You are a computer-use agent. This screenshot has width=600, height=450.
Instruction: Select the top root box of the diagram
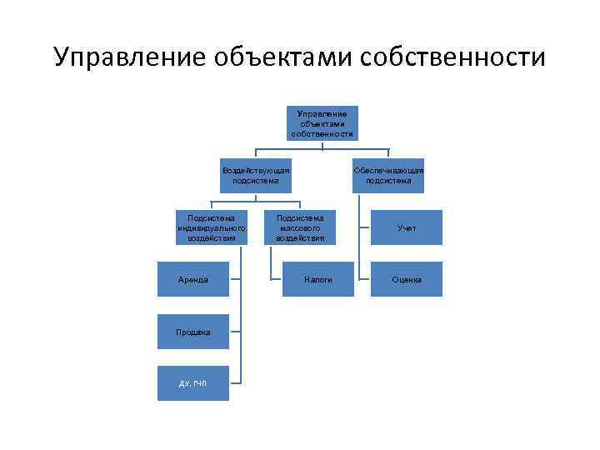click(322, 122)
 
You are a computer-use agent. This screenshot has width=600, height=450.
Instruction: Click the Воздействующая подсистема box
click(256, 175)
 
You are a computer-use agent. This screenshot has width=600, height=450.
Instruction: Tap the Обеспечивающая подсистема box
click(388, 175)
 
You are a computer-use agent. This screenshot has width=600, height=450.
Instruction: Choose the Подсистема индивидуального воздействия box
click(211, 227)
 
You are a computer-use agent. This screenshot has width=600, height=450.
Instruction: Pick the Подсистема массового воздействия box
click(300, 227)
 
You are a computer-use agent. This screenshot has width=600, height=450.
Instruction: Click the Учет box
click(407, 227)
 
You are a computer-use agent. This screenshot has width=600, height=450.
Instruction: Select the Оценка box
click(407, 279)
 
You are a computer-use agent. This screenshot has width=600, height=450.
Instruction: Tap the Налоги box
click(318, 279)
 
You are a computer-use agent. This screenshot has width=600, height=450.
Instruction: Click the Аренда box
click(193, 279)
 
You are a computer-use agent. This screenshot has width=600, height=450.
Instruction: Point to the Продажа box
click(193, 332)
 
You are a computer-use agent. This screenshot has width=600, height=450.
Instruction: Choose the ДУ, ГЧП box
click(193, 383)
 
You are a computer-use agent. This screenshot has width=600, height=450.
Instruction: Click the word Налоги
click(318, 280)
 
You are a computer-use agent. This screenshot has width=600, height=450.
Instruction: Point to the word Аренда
click(193, 280)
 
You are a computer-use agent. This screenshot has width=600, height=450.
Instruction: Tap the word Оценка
click(407, 280)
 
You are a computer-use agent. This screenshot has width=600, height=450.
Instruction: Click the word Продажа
click(193, 332)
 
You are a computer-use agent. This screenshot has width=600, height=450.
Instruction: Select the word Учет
click(407, 227)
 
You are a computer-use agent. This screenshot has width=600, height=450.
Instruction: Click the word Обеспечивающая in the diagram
click(388, 170)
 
